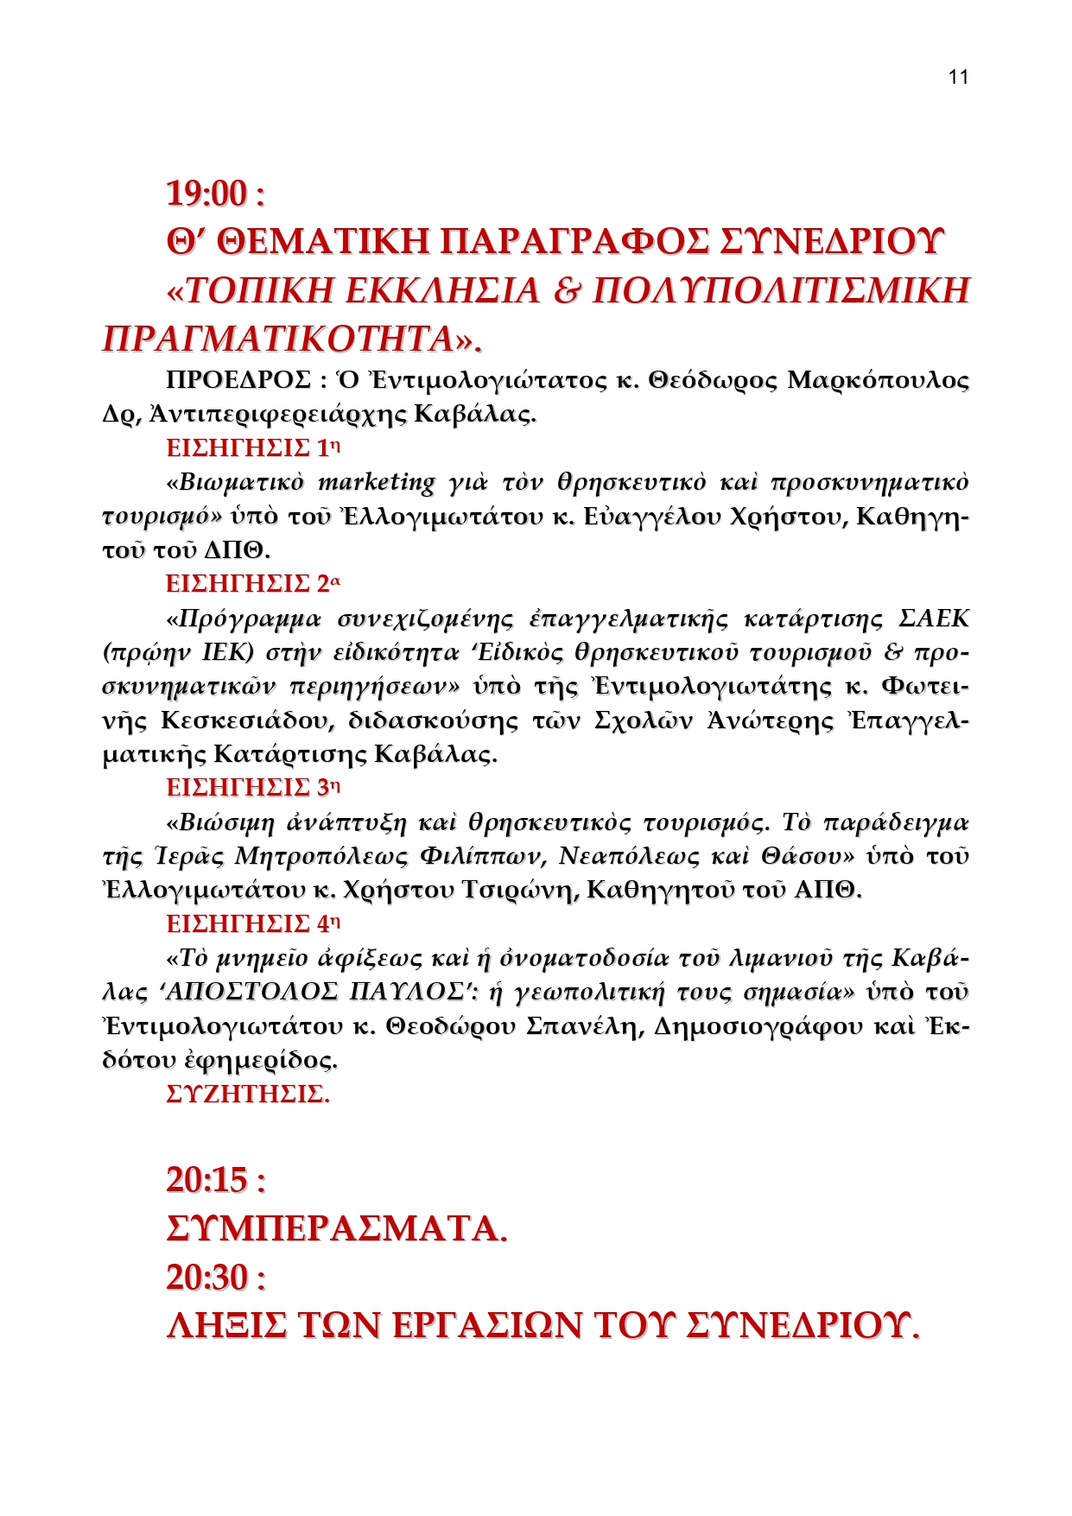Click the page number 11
coord(958,77)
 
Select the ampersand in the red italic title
coord(566,291)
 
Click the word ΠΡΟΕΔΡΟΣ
coord(238,380)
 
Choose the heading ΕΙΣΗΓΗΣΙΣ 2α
coord(254,584)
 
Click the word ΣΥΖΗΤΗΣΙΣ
coord(247,1094)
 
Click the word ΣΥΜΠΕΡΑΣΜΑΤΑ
coord(336,1228)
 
